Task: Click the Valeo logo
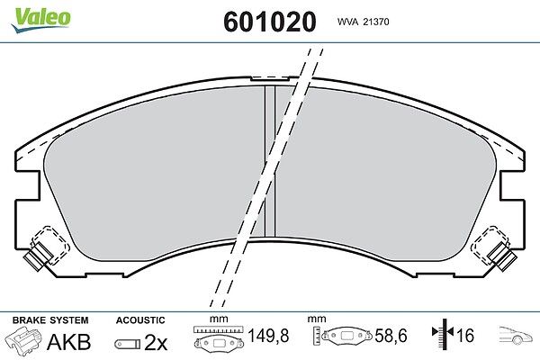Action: click(40, 20)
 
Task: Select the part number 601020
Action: click(270, 22)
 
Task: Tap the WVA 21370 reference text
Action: click(363, 22)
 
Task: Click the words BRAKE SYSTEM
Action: click(50, 320)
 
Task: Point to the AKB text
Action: click(69, 342)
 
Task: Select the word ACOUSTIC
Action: click(140, 320)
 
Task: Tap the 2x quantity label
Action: click(156, 342)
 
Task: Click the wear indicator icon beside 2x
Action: click(128, 344)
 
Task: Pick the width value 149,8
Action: click(268, 336)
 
